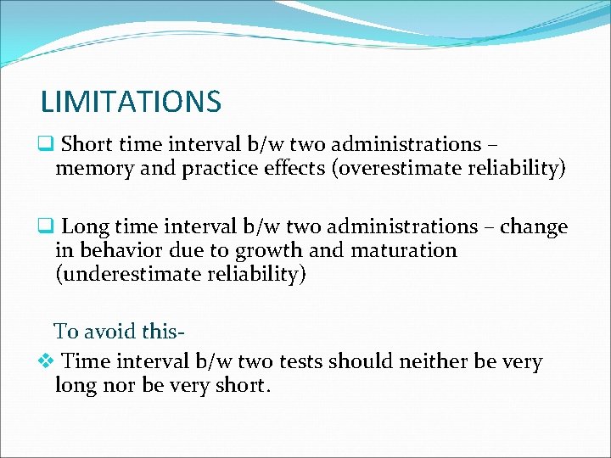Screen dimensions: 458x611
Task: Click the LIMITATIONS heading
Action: click(x=131, y=102)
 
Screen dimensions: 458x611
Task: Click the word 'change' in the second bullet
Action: click(x=534, y=227)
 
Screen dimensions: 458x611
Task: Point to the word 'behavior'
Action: click(x=116, y=250)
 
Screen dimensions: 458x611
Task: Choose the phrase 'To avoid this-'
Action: click(x=120, y=331)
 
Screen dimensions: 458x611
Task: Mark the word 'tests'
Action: click(x=297, y=362)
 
